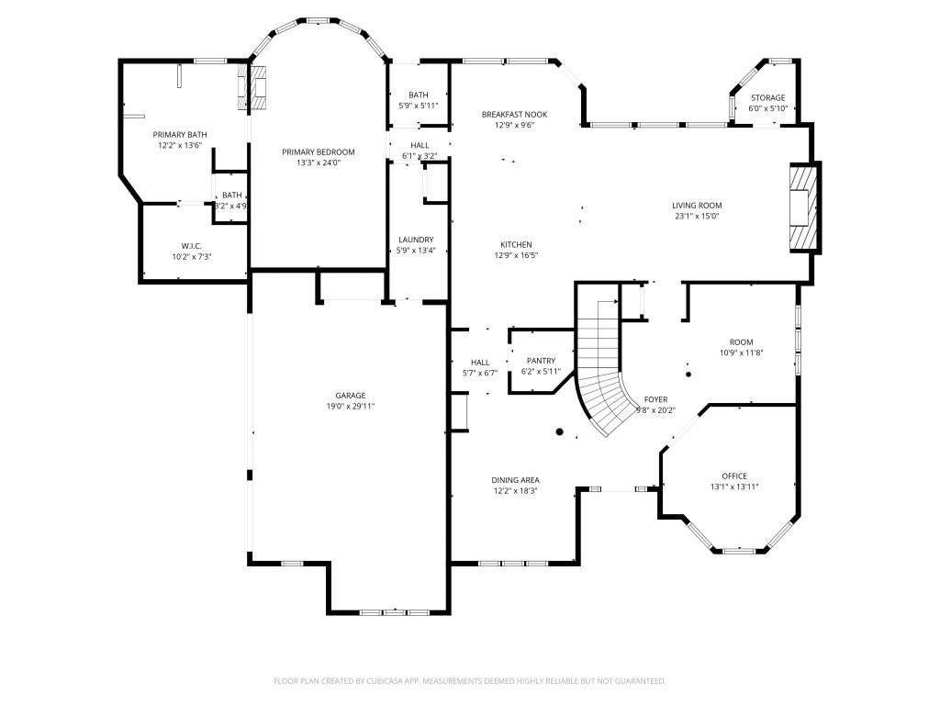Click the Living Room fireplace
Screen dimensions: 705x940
tap(803, 208)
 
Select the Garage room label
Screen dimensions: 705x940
tap(350, 396)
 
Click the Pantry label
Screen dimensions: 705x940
tap(541, 361)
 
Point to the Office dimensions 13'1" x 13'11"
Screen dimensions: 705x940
tap(733, 487)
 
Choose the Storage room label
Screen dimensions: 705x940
tap(767, 97)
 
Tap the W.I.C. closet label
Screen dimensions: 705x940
tap(191, 245)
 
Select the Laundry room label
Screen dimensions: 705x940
tap(415, 240)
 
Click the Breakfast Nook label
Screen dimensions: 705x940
tap(514, 114)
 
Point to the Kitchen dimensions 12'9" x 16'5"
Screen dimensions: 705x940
tap(516, 255)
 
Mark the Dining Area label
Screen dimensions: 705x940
tap(515, 480)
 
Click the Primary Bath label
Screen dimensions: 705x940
tap(179, 135)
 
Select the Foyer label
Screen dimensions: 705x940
tap(655, 399)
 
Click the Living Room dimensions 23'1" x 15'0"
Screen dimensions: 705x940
tap(697, 218)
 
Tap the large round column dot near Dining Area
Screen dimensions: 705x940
tap(559, 431)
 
